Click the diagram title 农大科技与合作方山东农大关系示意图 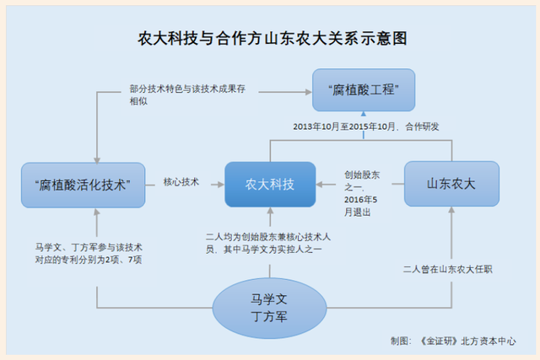point(273,38)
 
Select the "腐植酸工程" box point(364,90)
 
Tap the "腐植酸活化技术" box point(83,185)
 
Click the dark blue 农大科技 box point(270,185)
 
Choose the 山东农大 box point(451,184)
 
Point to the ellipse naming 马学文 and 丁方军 point(269,308)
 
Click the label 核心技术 point(181,182)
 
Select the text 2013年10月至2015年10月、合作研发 point(366,126)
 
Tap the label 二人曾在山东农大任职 point(448,269)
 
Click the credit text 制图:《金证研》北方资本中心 point(453,341)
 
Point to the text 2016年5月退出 point(360,206)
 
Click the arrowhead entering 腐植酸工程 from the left point(309,92)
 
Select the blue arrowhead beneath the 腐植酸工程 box point(364,114)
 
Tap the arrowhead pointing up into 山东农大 point(451,210)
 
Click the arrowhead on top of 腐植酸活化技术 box point(97,160)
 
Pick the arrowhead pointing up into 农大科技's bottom point(270,210)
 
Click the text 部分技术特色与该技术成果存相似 point(187,95)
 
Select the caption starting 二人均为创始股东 point(268,243)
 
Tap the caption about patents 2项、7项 point(89,253)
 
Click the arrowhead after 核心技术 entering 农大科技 point(221,185)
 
